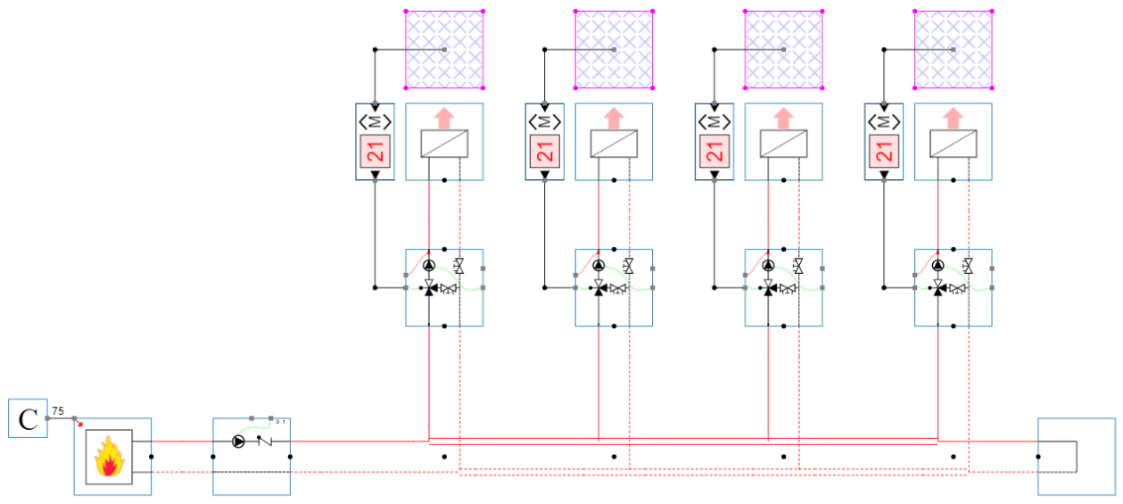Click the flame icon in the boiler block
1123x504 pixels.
109,457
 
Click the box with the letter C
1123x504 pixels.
28,418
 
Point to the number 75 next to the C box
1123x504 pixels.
58,411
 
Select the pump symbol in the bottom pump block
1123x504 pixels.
238,442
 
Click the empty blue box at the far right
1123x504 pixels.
1076,456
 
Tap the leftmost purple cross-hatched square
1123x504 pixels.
444,50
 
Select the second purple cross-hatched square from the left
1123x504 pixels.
614,50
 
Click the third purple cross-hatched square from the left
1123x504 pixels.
783,50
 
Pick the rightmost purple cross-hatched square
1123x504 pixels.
954,50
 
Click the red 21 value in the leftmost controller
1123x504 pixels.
376,153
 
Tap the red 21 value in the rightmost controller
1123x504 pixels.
885,153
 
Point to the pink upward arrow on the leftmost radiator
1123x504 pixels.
444,118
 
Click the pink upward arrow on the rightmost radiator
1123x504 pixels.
954,118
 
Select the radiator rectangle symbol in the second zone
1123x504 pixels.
614,144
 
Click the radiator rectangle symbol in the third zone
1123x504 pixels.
783,144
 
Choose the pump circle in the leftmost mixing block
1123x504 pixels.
429,266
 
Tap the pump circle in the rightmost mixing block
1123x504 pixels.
937,266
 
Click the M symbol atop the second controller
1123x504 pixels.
545,121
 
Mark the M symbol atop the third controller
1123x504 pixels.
714,121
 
